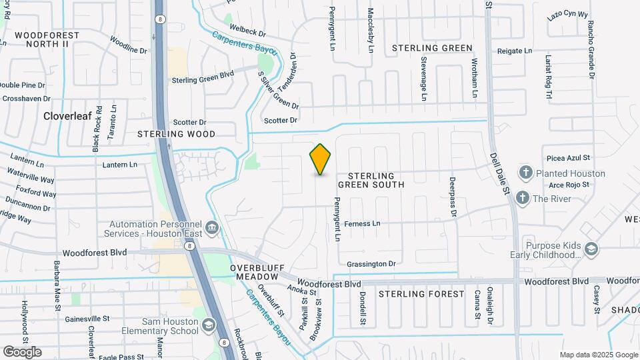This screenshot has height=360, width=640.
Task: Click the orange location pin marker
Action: click(x=321, y=159)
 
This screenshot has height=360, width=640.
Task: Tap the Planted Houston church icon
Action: click(x=525, y=173)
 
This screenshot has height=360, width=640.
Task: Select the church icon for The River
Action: click(x=522, y=198)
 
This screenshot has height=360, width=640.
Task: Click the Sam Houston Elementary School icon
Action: click(x=209, y=325)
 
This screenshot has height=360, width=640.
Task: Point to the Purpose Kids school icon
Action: click(x=591, y=249)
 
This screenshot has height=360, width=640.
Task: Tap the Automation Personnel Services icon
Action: click(x=211, y=229)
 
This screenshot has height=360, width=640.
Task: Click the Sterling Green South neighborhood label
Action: click(x=371, y=179)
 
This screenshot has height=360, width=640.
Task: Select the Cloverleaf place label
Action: click(x=67, y=115)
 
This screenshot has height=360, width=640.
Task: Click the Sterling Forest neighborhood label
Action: click(x=421, y=294)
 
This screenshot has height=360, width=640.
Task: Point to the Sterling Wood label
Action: click(x=177, y=134)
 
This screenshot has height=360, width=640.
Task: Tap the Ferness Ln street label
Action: click(x=362, y=223)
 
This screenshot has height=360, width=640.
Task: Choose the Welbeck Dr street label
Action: click(x=247, y=32)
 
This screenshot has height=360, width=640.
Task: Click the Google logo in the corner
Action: click(x=22, y=352)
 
